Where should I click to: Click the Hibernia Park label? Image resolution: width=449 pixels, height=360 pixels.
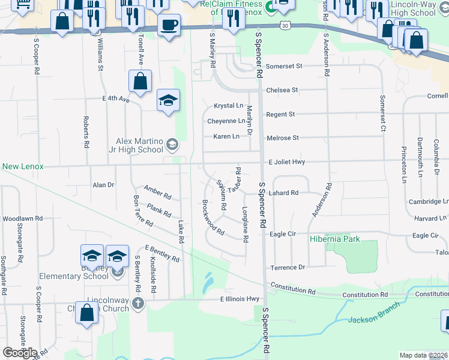click(x=335, y=239)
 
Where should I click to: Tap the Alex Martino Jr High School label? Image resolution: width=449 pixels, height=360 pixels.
click(x=139, y=146)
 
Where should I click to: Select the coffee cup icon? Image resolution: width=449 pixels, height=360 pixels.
click(x=169, y=25)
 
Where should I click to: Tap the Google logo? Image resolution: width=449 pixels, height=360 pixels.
click(x=20, y=353)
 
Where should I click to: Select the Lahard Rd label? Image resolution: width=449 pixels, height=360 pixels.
click(x=284, y=193)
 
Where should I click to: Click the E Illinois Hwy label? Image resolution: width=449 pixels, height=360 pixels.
click(x=240, y=299)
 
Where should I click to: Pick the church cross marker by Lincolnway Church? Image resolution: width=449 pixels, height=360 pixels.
click(x=138, y=302)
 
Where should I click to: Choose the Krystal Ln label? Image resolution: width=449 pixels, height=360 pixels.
click(x=229, y=106)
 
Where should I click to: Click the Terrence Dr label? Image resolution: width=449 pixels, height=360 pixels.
click(x=288, y=267)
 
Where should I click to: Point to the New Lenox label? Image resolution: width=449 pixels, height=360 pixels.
click(x=23, y=166)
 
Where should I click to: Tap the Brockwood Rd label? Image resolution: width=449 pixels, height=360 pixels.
click(x=213, y=217)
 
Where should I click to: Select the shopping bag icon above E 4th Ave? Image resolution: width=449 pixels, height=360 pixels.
click(x=140, y=81)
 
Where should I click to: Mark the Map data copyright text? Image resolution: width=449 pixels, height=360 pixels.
click(x=423, y=355)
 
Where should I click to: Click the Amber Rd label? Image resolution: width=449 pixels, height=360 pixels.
click(x=157, y=192)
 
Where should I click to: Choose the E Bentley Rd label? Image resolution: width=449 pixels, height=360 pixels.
click(x=161, y=253)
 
